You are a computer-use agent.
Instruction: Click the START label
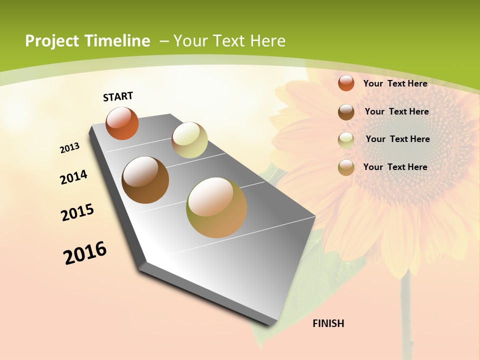coord(118,96)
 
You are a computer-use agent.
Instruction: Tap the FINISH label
coord(328,323)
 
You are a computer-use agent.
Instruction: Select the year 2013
coord(70,148)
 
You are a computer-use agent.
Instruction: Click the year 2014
coord(74,177)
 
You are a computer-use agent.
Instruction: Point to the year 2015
coord(77,212)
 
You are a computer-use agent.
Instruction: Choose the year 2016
coord(85,253)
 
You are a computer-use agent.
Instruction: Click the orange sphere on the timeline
coord(122,123)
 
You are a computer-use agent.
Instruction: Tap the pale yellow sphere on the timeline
coord(189,140)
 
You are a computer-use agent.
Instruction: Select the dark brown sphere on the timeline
coord(145,180)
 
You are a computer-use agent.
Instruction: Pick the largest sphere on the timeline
coord(216,207)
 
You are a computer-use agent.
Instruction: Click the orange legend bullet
coord(346,83)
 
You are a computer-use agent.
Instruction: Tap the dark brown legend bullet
coord(346,111)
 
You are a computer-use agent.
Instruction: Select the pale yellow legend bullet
coord(346,139)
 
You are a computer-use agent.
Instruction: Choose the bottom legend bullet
coord(346,167)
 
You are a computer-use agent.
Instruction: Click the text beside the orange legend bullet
coord(395,83)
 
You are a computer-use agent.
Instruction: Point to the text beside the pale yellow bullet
coord(397,139)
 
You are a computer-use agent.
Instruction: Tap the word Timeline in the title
coord(118,41)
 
